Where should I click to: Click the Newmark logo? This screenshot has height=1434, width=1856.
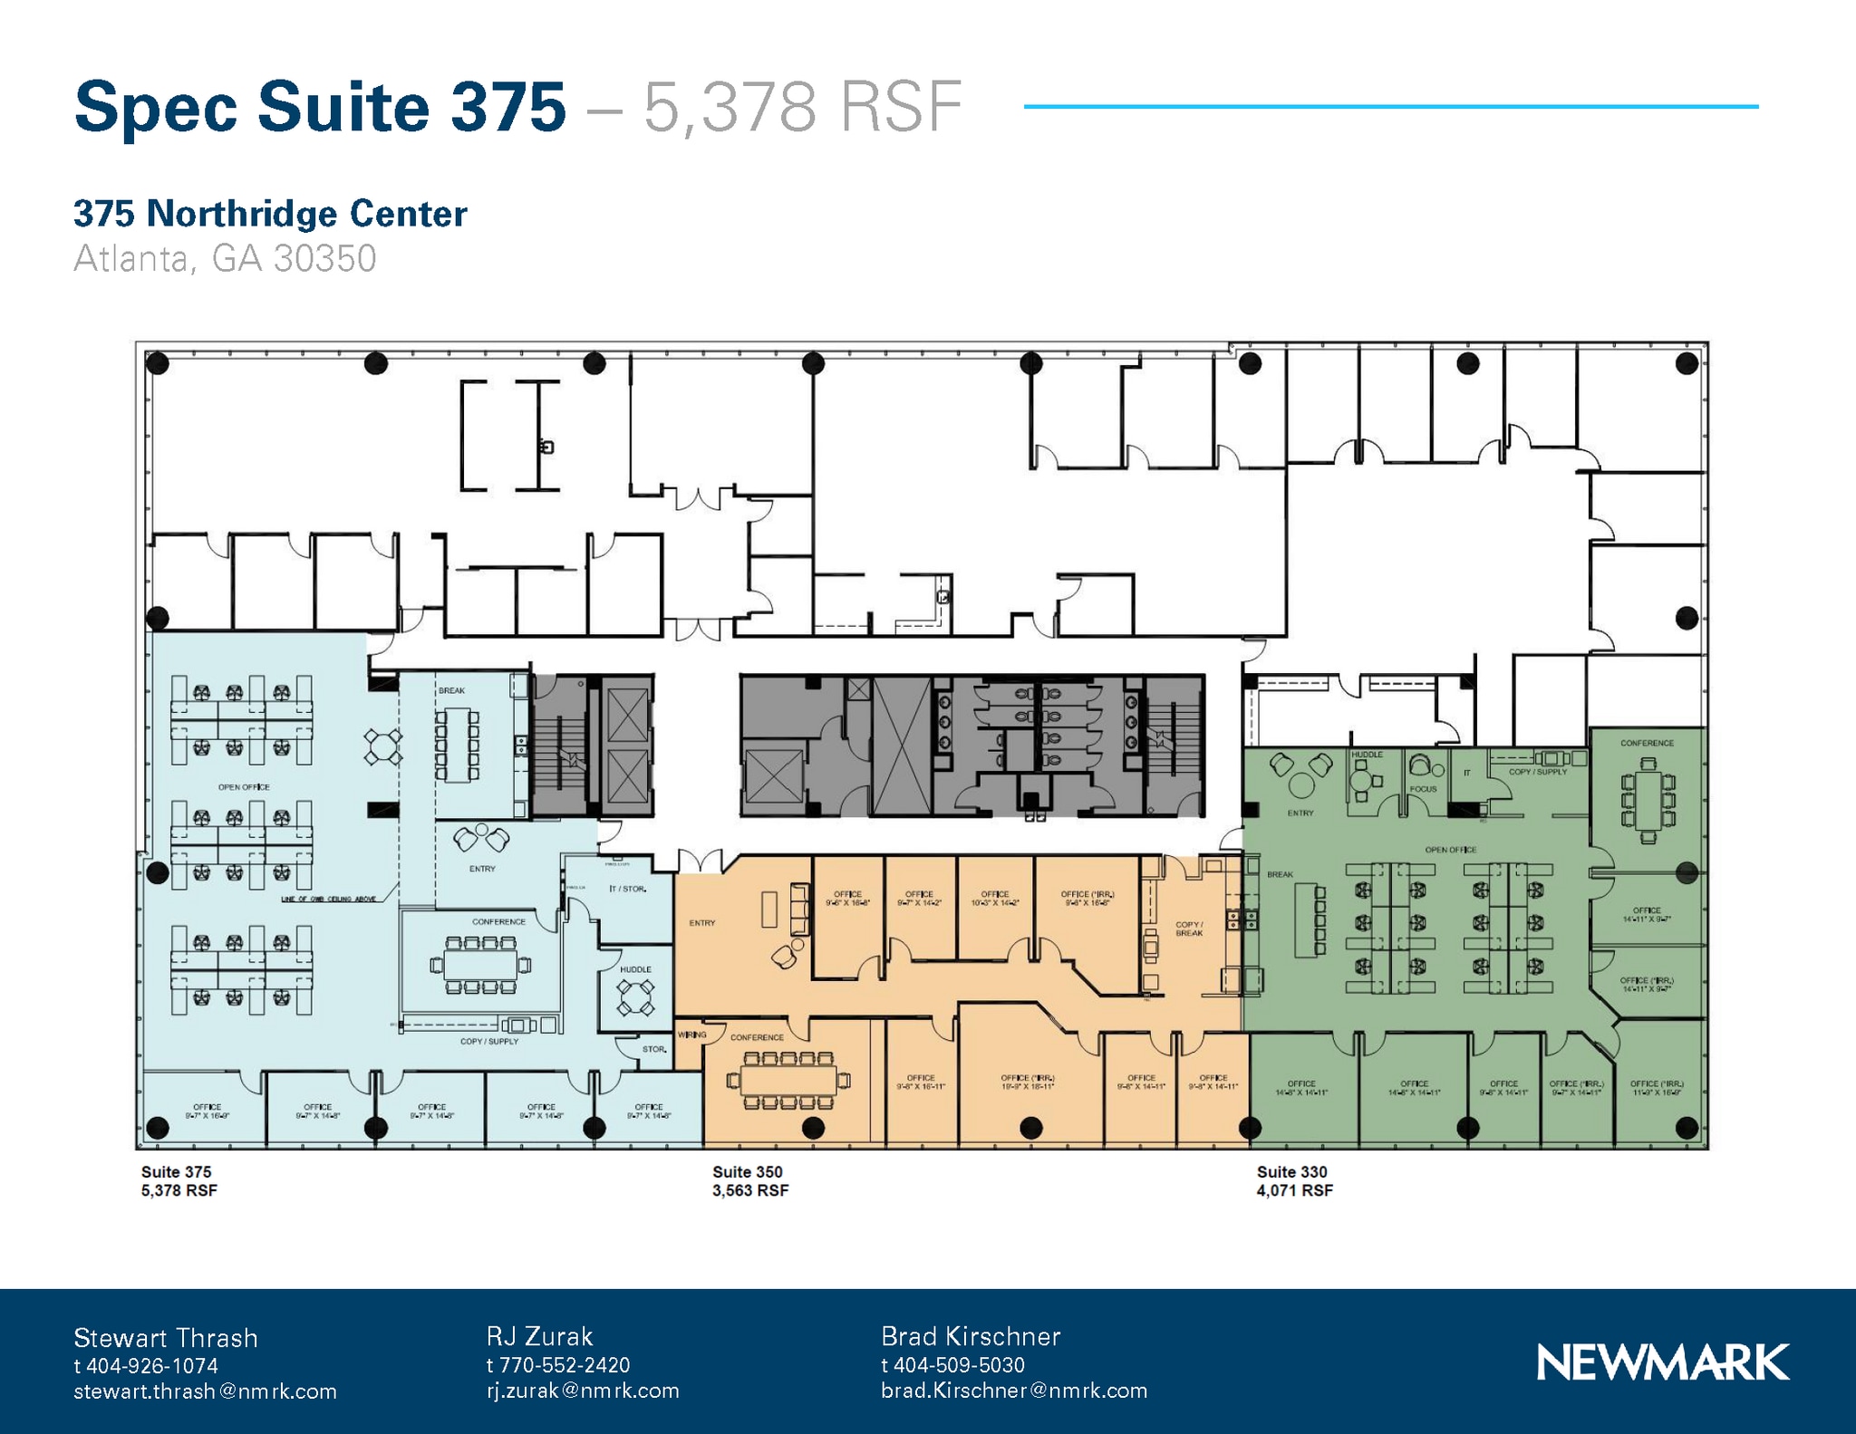[x=1662, y=1362]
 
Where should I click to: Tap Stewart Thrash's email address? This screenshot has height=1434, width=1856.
[x=205, y=1391]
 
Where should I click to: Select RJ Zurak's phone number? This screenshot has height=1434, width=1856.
[x=558, y=1365]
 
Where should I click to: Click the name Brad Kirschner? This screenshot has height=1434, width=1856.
[x=971, y=1336]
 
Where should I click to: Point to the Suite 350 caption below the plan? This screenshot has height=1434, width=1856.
[x=748, y=1171]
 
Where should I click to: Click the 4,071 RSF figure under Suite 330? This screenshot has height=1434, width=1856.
[x=1294, y=1190]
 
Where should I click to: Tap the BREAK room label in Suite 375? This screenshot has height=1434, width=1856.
[x=451, y=690]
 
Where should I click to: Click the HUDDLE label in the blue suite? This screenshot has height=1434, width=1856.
[x=635, y=969]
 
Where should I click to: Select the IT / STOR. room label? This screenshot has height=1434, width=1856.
[x=627, y=889]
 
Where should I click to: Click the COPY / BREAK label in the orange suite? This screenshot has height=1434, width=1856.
[x=1189, y=929]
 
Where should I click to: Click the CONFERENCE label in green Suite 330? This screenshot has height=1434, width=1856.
[x=1647, y=743]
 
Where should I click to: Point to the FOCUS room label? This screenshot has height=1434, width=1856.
[x=1423, y=789]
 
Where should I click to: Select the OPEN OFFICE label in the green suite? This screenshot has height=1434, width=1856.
[x=1450, y=850]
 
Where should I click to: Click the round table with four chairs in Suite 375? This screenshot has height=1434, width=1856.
[x=383, y=748]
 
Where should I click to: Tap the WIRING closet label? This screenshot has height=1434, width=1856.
[x=691, y=1035]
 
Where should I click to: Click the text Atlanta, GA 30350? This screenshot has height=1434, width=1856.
[x=225, y=258]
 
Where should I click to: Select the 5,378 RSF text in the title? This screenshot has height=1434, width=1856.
[x=802, y=107]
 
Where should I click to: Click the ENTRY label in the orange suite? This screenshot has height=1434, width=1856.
[x=701, y=923]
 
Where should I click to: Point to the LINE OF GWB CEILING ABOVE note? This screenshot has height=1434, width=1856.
[x=328, y=899]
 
